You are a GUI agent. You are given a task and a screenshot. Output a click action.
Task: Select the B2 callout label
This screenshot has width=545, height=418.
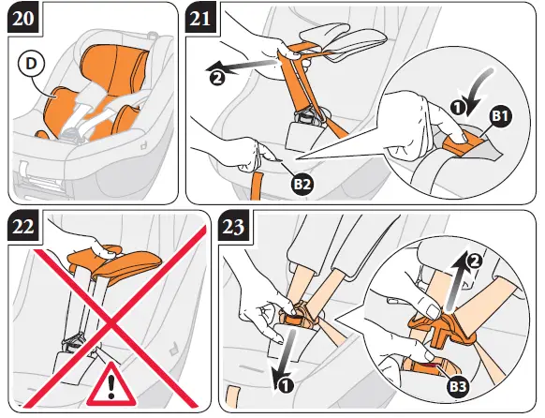coord(302,184)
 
